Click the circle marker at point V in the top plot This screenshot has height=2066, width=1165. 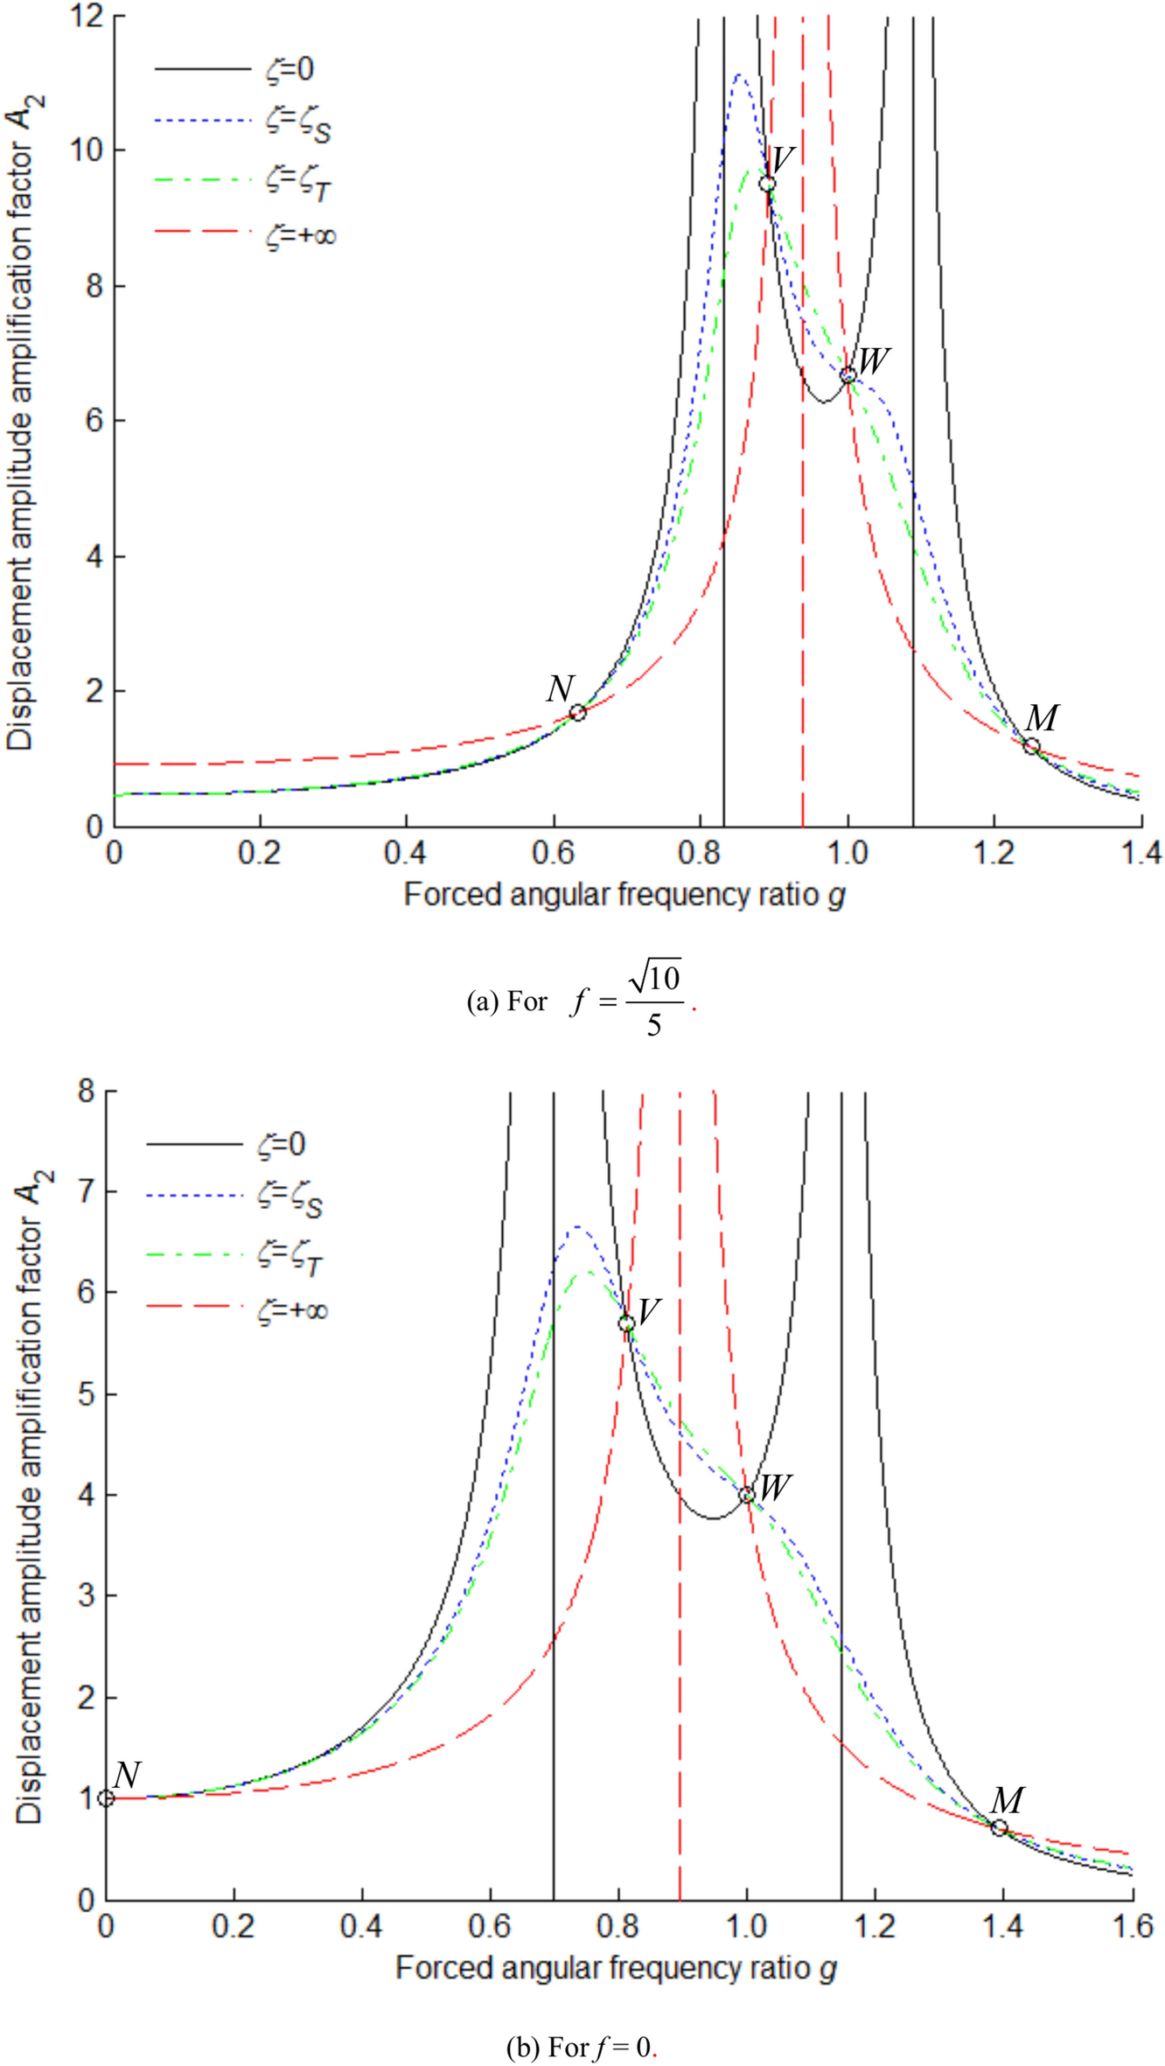767,184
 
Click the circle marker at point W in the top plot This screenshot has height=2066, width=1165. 848,376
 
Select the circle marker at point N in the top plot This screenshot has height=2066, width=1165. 577,712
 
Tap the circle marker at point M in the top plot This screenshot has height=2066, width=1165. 1032,746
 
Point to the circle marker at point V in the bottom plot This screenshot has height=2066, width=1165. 626,1323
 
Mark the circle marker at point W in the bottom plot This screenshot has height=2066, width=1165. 746,1495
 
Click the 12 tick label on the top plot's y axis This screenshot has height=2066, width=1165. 87,17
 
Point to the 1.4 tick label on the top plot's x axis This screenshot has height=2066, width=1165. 1139,853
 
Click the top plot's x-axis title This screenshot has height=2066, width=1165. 624,895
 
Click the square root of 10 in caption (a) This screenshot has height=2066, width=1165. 655,978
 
